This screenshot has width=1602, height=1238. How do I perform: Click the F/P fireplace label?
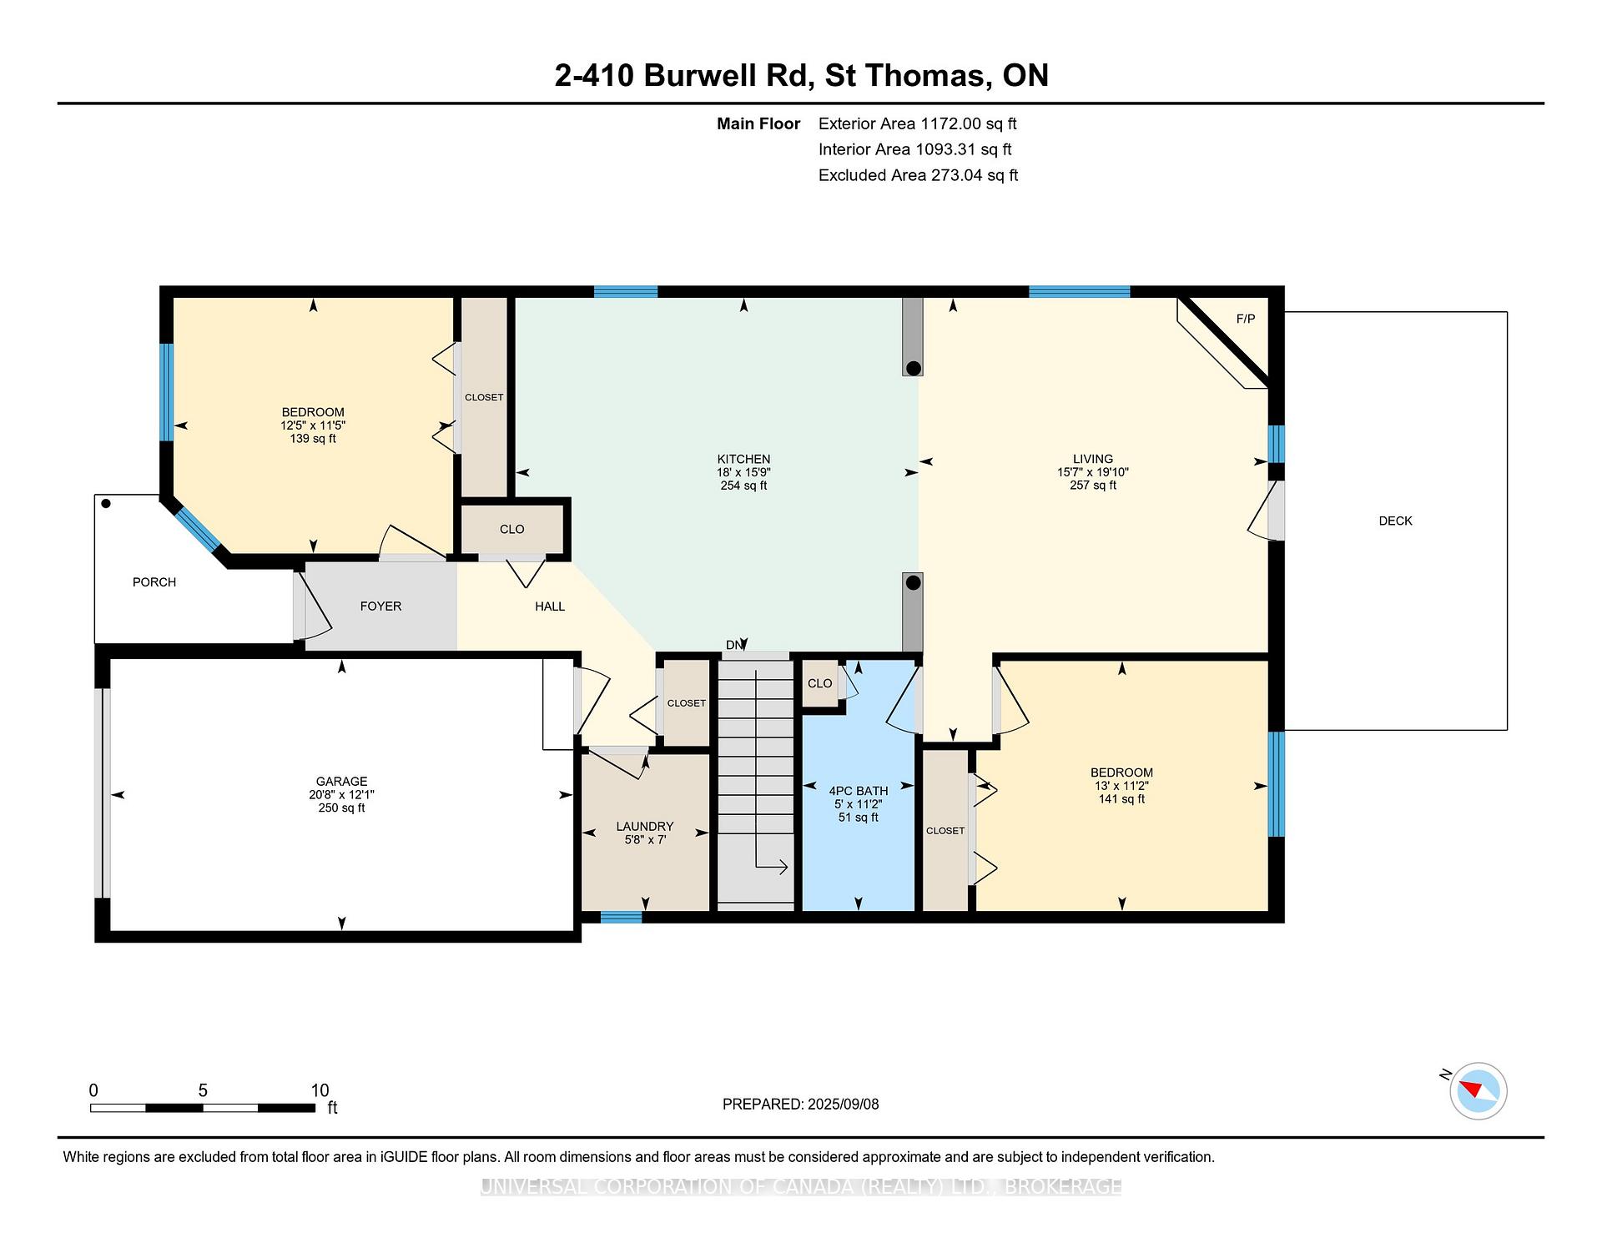tap(1245, 319)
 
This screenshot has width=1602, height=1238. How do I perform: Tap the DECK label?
tap(1395, 521)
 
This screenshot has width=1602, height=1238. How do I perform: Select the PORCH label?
tap(154, 582)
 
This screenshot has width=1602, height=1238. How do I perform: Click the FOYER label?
tap(380, 606)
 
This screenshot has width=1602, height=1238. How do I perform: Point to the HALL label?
tap(550, 606)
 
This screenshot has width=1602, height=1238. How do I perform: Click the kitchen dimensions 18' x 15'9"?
tap(743, 472)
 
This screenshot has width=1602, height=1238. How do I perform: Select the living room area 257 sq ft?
tap(1093, 486)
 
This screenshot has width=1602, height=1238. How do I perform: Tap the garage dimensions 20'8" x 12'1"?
tap(341, 795)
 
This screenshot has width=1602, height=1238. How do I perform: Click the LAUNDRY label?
tap(644, 827)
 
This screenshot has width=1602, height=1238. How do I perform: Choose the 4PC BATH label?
tap(858, 791)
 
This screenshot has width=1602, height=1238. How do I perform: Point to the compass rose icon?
tap(1478, 1090)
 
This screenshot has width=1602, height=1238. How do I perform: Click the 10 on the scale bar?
tap(320, 1090)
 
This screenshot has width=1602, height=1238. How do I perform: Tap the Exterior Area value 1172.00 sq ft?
tap(969, 123)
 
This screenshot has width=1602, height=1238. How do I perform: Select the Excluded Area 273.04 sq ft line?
tap(918, 175)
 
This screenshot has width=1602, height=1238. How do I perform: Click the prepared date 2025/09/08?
tap(843, 1104)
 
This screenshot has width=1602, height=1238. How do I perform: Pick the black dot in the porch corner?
tap(106, 504)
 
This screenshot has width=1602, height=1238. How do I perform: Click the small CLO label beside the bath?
tap(819, 683)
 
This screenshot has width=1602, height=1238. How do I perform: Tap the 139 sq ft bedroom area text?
tap(313, 439)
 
